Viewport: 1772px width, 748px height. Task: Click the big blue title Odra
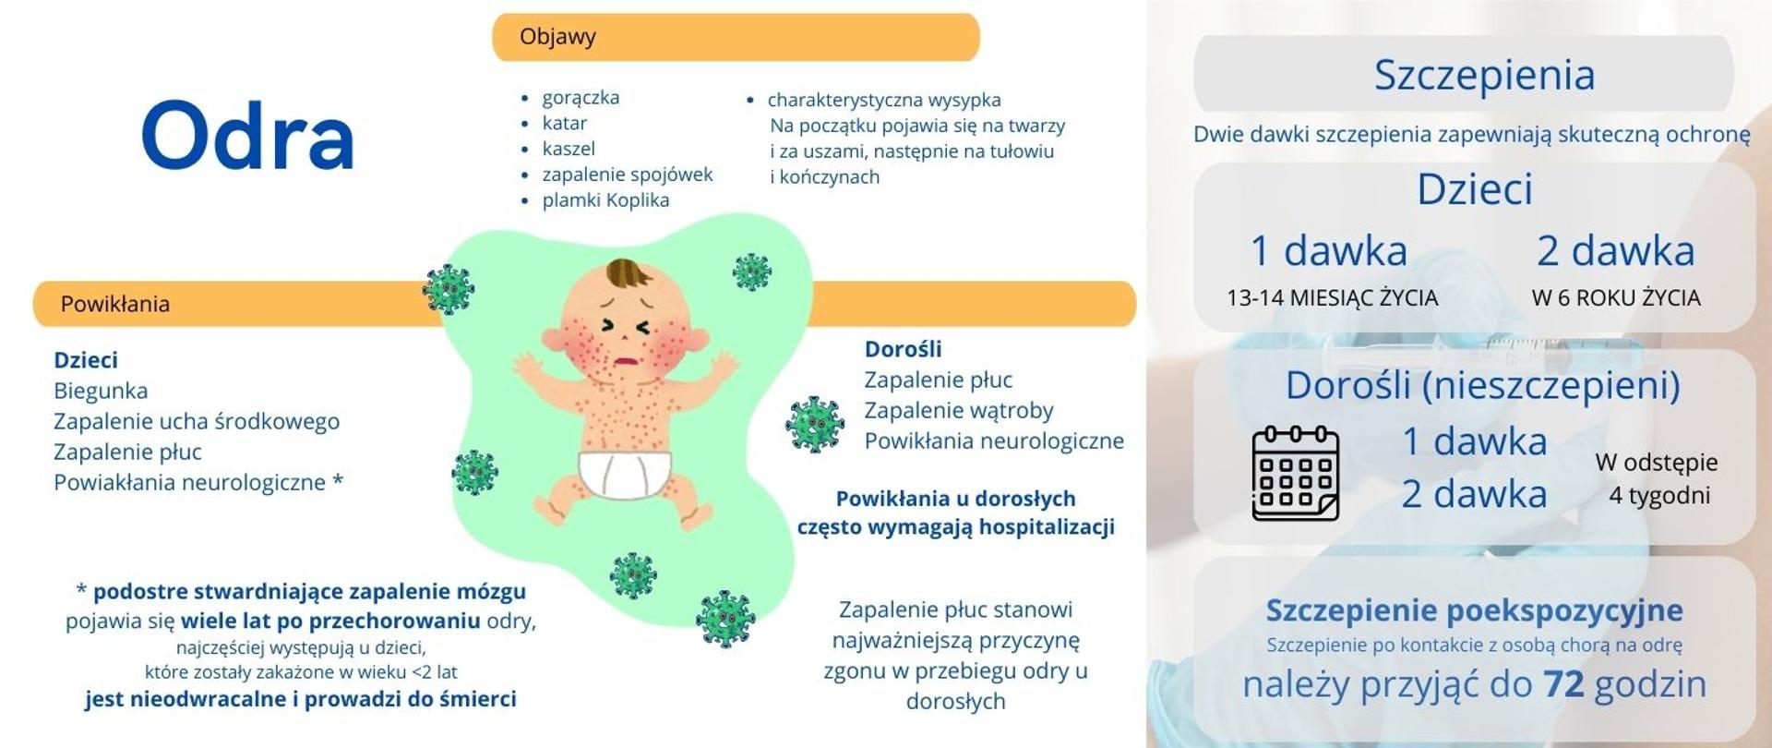pyautogui.click(x=247, y=136)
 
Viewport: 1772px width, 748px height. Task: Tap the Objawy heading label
pyautogui.click(x=557, y=37)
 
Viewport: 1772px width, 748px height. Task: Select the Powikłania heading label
pyautogui.click(x=115, y=304)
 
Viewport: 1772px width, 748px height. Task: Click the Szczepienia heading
pyautogui.click(x=1484, y=75)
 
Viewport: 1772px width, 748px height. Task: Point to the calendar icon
pyautogui.click(x=1295, y=473)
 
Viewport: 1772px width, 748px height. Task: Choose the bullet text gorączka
pyautogui.click(x=581, y=97)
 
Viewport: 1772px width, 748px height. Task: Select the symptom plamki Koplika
pyautogui.click(x=605, y=199)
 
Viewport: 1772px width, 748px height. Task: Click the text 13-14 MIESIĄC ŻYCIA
pyautogui.click(x=1332, y=297)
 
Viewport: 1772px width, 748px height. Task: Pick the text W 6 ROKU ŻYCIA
pyautogui.click(x=1616, y=297)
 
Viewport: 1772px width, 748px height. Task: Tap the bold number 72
pyautogui.click(x=1563, y=684)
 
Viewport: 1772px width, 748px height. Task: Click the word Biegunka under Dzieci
pyautogui.click(x=101, y=391)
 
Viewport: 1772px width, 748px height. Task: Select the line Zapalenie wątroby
pyautogui.click(x=959, y=410)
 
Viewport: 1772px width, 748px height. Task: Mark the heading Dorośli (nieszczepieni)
pyautogui.click(x=1483, y=385)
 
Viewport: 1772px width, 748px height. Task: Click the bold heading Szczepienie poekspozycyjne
pyautogui.click(x=1475, y=610)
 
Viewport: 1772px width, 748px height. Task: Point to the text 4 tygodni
pyautogui.click(x=1659, y=496)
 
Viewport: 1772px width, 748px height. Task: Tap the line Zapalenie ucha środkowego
pyautogui.click(x=197, y=421)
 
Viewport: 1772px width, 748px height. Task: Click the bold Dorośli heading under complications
pyautogui.click(x=904, y=349)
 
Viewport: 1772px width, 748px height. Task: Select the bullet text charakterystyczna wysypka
pyautogui.click(x=884, y=100)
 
